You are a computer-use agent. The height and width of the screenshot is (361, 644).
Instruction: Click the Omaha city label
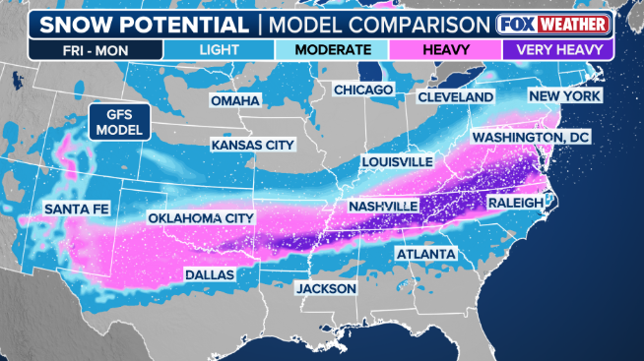point(234,101)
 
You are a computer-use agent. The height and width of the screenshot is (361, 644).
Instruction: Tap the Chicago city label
point(363,90)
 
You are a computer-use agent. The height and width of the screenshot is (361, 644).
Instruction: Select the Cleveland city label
point(455,97)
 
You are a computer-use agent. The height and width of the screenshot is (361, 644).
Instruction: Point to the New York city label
point(565,96)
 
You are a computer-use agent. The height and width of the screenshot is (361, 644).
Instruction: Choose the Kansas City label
point(253,146)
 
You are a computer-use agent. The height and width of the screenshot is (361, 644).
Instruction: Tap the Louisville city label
point(397,160)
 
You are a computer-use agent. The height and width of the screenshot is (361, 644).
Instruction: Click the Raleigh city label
point(515,203)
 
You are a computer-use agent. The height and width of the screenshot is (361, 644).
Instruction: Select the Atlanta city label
point(425,254)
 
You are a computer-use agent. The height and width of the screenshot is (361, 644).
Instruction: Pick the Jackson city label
point(325,289)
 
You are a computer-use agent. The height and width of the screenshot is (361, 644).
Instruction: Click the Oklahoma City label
point(201,217)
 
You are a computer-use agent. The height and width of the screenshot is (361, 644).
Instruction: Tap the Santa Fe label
point(75,209)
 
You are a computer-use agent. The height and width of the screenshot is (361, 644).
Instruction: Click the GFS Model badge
point(118,121)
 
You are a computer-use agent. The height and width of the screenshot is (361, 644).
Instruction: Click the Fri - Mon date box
point(67,48)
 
